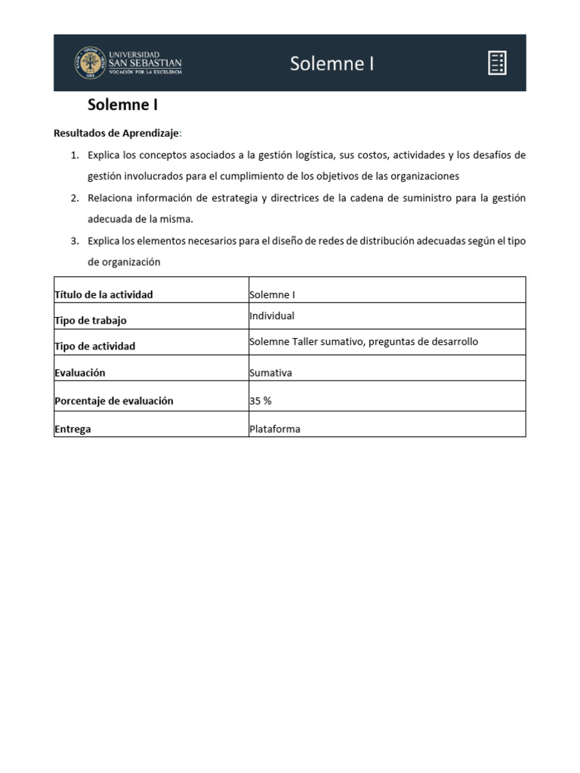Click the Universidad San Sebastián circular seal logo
coord(90,63)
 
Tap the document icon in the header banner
coord(497,63)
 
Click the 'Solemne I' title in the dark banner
coord(332,63)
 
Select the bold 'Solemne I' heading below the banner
coord(122,106)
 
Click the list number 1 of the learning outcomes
coord(74,155)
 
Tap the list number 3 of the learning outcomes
coord(74,241)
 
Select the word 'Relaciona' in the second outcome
coord(111,198)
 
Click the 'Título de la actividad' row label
coord(103,294)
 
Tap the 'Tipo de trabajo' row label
coord(91,320)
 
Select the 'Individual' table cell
coord(272,316)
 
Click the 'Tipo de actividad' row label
coord(95,346)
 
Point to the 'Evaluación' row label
coord(80,373)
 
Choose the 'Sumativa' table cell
coord(270,373)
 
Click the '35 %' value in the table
coord(261,401)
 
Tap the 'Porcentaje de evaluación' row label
coord(114,401)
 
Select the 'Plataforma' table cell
coord(275,429)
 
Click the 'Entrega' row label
coord(72,429)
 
